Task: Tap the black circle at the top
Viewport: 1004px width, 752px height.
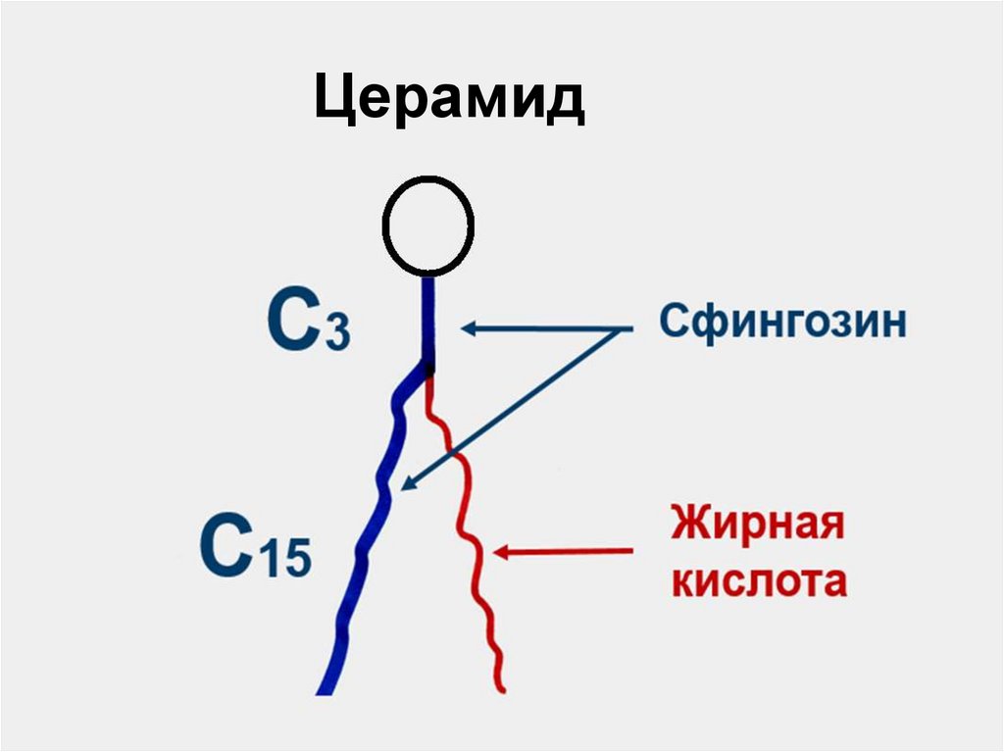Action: pos(428,226)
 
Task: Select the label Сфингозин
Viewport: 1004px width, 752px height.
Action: pos(782,323)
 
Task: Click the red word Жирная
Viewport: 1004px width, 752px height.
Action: pos(756,523)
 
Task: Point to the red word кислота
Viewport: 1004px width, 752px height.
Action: pos(758,581)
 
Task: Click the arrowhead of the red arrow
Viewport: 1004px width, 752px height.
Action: pos(500,553)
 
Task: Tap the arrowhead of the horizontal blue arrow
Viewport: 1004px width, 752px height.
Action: pos(468,328)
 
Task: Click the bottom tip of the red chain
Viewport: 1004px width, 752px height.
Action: pos(501,689)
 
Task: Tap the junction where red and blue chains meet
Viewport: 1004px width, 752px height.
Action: pos(428,371)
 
